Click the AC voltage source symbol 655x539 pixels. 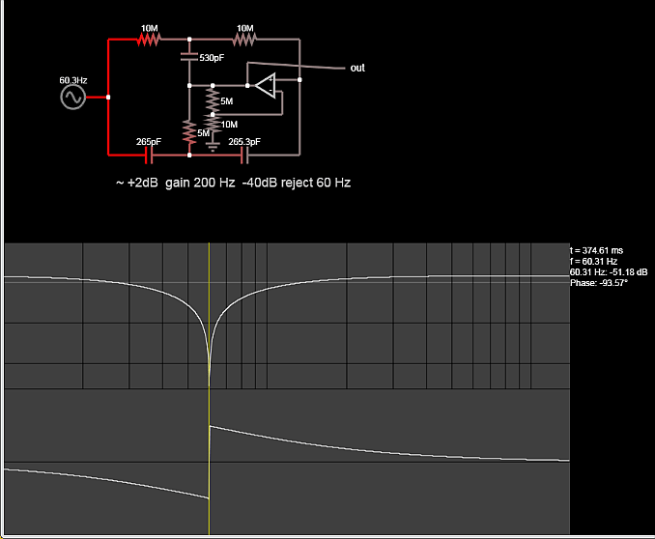pyautogui.click(x=72, y=98)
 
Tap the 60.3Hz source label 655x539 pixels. pyautogui.click(x=73, y=79)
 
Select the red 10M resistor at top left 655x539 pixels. pyautogui.click(x=148, y=41)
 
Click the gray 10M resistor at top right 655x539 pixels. pyautogui.click(x=244, y=41)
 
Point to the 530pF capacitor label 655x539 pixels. pyautogui.click(x=212, y=59)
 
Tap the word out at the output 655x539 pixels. pyautogui.click(x=357, y=68)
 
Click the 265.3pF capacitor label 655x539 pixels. pyautogui.click(x=243, y=141)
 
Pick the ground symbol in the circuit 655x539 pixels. pyautogui.click(x=212, y=146)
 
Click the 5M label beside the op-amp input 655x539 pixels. pyautogui.click(x=226, y=101)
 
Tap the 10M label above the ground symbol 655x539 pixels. pyautogui.click(x=229, y=125)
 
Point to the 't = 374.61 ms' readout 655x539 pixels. pyautogui.click(x=597, y=250)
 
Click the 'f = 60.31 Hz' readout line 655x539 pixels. pyautogui.click(x=593, y=261)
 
